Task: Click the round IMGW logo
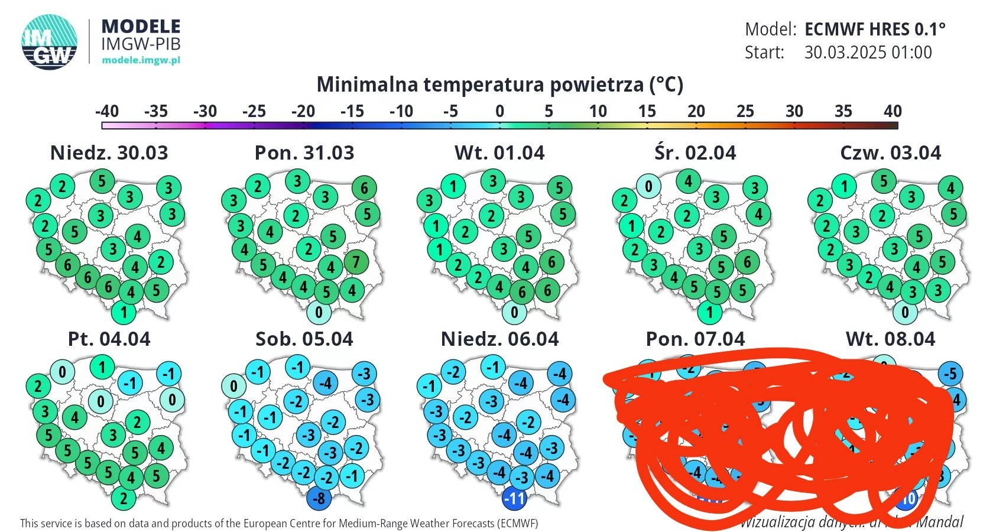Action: click(x=50, y=41)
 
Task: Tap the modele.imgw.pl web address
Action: click(x=141, y=60)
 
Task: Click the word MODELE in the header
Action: click(x=141, y=26)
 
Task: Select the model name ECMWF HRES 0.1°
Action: click(x=875, y=29)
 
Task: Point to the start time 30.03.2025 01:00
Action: click(x=868, y=53)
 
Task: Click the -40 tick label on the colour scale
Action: click(x=107, y=111)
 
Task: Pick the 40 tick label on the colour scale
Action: click(x=893, y=111)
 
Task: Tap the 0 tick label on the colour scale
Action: click(x=500, y=111)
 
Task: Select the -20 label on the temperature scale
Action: click(x=303, y=111)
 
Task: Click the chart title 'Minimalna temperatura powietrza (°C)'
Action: click(x=500, y=85)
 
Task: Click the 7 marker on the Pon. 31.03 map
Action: click(x=356, y=262)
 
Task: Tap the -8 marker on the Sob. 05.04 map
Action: click(x=319, y=498)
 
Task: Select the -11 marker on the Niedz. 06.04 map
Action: click(x=514, y=498)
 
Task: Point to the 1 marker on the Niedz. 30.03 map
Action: click(x=124, y=312)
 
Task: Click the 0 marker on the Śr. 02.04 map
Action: click(x=648, y=187)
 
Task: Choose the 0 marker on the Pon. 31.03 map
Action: click(x=319, y=312)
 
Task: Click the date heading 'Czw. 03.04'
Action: click(x=890, y=153)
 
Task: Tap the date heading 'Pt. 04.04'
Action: click(x=109, y=339)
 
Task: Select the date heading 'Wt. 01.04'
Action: click(x=499, y=153)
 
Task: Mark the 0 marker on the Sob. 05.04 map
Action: click(x=234, y=387)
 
